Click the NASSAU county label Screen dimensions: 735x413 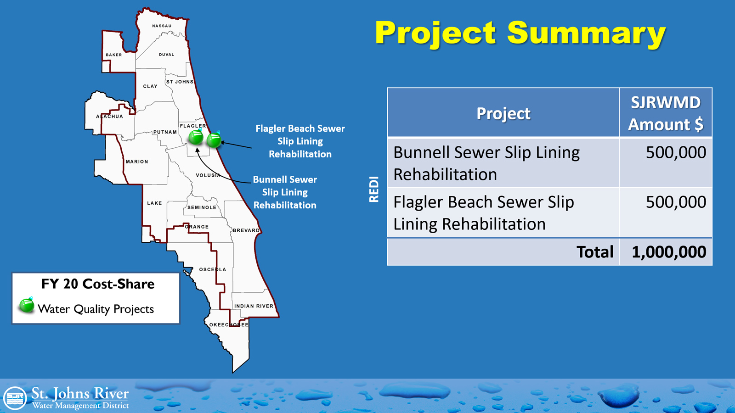[x=162, y=26]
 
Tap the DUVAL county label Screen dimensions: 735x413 [x=167, y=55]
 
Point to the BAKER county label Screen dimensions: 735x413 [x=114, y=55]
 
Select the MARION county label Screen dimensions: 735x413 [x=137, y=162]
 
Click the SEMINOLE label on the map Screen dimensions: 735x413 [x=202, y=207]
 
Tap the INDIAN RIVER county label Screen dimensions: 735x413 [x=254, y=306]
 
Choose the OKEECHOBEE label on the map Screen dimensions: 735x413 [x=229, y=325]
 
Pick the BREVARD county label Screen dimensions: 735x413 [x=246, y=230]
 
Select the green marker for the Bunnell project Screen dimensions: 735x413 [x=196, y=137]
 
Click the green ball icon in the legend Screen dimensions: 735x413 [x=27, y=305]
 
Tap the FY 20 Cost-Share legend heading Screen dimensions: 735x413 [x=98, y=284]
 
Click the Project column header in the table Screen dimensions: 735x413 [x=503, y=113]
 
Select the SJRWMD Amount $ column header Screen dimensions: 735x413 [x=666, y=113]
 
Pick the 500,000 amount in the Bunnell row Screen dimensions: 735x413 [x=676, y=152]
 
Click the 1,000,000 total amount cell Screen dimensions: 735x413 [x=669, y=252]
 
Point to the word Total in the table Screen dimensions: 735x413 [x=595, y=252]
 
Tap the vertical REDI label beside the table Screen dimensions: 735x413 [x=374, y=189]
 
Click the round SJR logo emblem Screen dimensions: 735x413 [x=15, y=398]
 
